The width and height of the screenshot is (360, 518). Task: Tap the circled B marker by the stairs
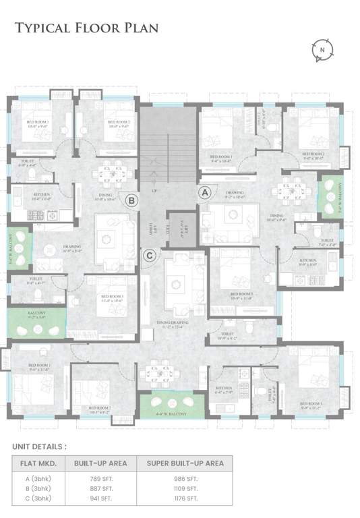pyautogui.click(x=132, y=199)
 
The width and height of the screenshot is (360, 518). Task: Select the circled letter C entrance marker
pyautogui.click(x=150, y=255)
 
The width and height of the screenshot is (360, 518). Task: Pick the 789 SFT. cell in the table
pyautogui.click(x=99, y=478)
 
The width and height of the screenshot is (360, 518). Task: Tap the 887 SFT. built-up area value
pyautogui.click(x=99, y=488)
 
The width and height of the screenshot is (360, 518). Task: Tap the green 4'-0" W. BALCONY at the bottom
pyautogui.click(x=172, y=405)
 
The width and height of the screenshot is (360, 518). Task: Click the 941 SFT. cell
pyautogui.click(x=99, y=498)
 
